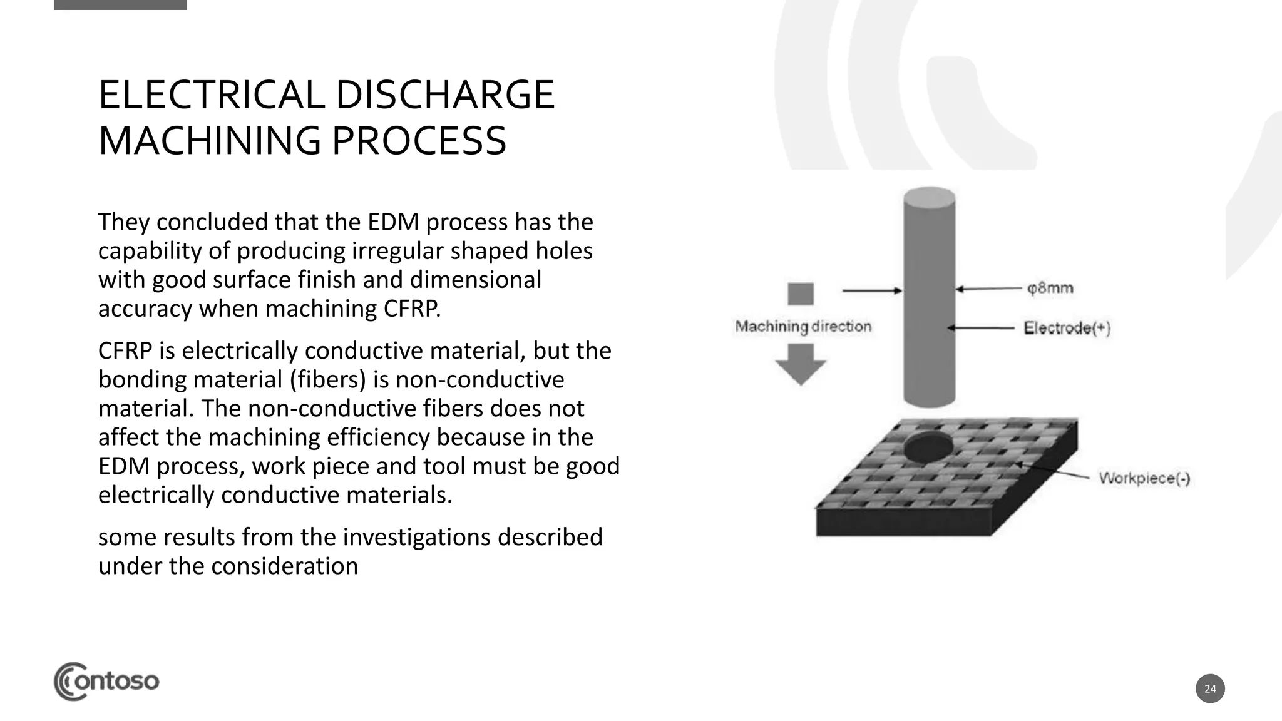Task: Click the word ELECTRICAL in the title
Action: [211, 95]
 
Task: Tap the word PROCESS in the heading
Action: [418, 141]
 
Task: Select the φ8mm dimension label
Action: [1050, 289]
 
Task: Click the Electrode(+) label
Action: [1067, 328]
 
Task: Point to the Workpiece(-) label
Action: [1144, 479]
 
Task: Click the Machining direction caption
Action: [803, 327]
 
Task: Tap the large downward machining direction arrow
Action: [801, 364]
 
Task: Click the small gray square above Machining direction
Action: [801, 294]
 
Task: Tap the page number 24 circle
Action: [1210, 688]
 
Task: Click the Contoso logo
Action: [106, 681]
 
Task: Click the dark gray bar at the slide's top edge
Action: [120, 4]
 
